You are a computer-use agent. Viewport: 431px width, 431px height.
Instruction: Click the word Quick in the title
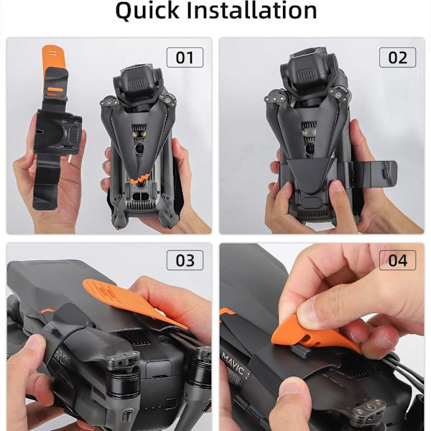tap(147, 11)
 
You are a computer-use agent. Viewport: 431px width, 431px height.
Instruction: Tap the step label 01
tap(185, 57)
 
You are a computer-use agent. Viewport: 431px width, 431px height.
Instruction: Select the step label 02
tap(397, 57)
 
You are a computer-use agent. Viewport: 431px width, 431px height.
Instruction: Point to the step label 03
tap(185, 260)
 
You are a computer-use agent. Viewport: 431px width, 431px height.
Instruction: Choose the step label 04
tap(397, 260)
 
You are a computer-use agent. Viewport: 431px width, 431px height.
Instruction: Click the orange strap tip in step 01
tap(53, 56)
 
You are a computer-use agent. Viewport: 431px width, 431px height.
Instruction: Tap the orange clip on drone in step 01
tap(139, 180)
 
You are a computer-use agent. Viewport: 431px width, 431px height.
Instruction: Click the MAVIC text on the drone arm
tap(233, 363)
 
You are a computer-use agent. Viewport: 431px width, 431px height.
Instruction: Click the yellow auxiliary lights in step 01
tap(139, 134)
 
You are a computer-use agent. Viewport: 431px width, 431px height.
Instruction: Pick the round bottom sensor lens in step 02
tap(310, 149)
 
